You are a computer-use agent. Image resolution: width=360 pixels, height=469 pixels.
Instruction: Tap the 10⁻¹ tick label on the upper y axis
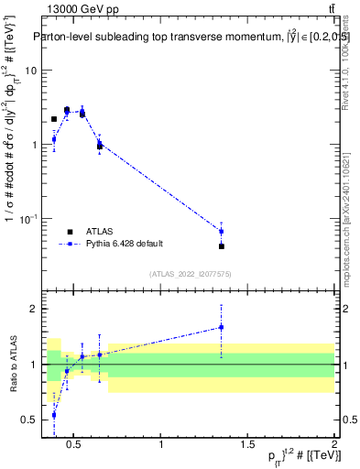pos(27,218)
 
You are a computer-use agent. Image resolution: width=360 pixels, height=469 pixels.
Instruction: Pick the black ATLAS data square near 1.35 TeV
pos(222,246)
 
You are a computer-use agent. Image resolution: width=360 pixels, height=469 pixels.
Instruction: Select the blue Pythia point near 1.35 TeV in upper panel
pos(222,232)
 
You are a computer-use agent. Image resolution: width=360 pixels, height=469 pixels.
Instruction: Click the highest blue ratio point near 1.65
pos(222,327)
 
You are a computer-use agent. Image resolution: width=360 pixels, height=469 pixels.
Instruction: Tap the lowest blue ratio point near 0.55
pos(54,414)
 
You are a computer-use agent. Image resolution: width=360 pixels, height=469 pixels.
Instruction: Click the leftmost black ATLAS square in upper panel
pos(54,119)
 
